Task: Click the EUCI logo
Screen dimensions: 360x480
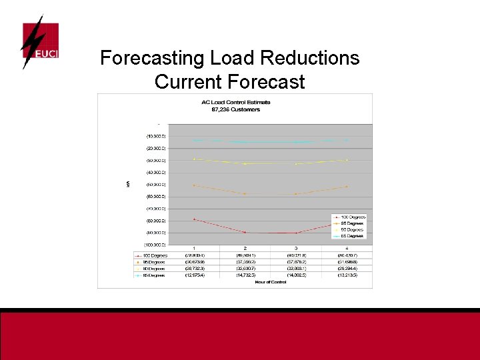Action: tap(40, 43)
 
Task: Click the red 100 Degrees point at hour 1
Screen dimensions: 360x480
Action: tap(194, 219)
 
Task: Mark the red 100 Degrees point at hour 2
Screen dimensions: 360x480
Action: tap(245, 232)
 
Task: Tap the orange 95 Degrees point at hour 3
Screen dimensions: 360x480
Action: tap(296, 194)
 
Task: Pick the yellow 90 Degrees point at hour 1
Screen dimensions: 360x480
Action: tap(194, 159)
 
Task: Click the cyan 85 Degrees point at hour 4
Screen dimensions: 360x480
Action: tap(347, 140)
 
